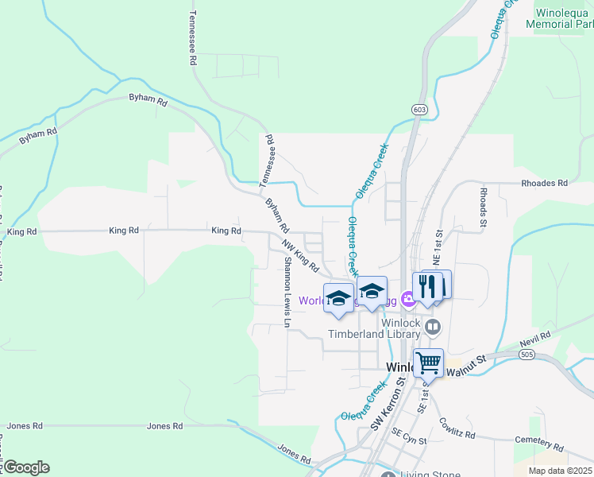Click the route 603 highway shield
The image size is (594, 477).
[x=420, y=109]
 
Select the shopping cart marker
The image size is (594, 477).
[x=428, y=363]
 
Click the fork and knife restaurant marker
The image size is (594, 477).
[x=427, y=286]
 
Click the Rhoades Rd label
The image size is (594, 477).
[x=544, y=183]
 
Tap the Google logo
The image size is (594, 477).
[x=25, y=467]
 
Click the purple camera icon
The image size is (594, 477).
[x=408, y=300]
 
